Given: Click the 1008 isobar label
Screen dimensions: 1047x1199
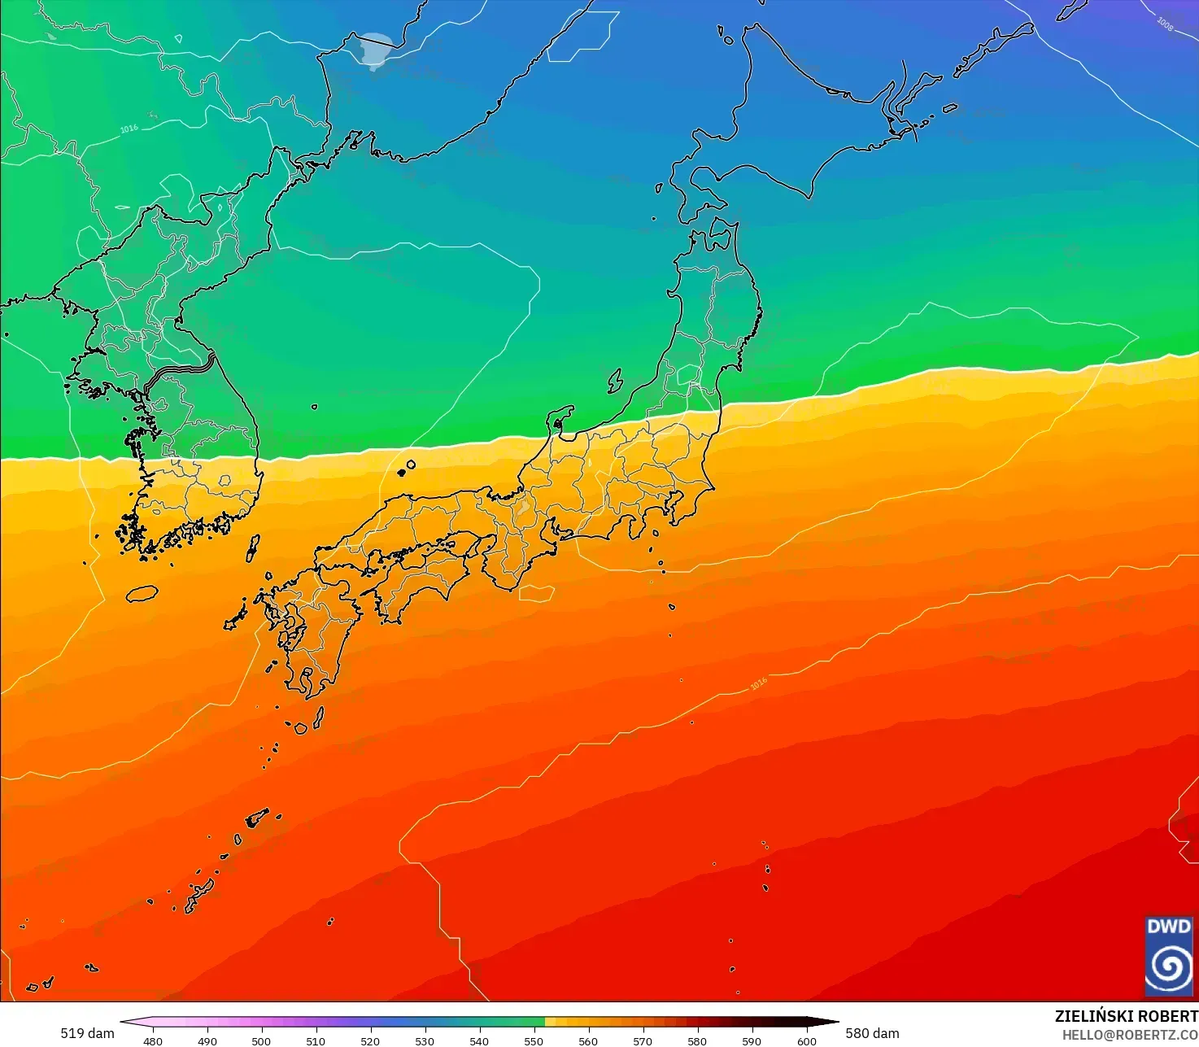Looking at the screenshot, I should tap(1165, 24).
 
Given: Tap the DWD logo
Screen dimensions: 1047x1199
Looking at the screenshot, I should tap(1168, 957).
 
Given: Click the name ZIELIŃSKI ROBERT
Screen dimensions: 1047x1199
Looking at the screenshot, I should tap(1126, 1016).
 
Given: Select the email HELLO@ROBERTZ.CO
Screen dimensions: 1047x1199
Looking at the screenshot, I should tap(1130, 1034).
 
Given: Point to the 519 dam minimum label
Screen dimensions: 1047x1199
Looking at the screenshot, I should tap(87, 1033).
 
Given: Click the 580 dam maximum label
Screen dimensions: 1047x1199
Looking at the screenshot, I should tap(872, 1033).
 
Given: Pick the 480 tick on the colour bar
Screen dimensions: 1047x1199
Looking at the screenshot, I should tap(152, 1040).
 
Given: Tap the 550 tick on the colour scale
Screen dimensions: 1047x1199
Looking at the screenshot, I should tap(534, 1040).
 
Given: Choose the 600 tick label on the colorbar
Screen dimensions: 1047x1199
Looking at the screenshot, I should tap(806, 1040).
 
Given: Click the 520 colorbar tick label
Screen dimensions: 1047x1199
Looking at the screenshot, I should tap(370, 1040).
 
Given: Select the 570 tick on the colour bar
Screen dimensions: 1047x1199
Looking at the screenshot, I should tap(643, 1040).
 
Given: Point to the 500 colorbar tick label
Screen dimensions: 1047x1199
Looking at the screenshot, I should tap(261, 1040).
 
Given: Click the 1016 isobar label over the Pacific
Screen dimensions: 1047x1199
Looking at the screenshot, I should tap(758, 684).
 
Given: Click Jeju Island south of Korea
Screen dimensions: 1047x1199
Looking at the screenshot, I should tap(142, 594).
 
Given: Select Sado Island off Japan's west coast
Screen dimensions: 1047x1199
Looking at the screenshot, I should tap(615, 381).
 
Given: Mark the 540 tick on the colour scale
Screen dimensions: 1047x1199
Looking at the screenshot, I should tap(479, 1040).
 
